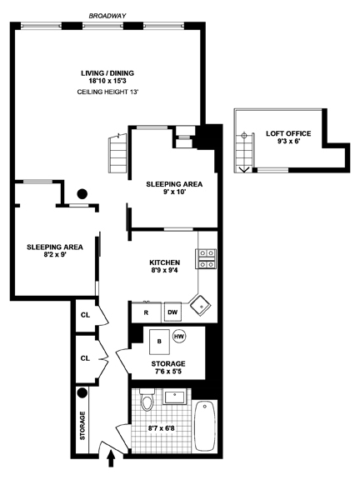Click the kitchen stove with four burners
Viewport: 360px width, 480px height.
207,259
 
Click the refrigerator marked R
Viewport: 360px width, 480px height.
146,312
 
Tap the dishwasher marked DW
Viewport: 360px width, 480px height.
172,312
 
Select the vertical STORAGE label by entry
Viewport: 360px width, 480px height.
82,426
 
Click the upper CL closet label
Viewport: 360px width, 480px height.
84,316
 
